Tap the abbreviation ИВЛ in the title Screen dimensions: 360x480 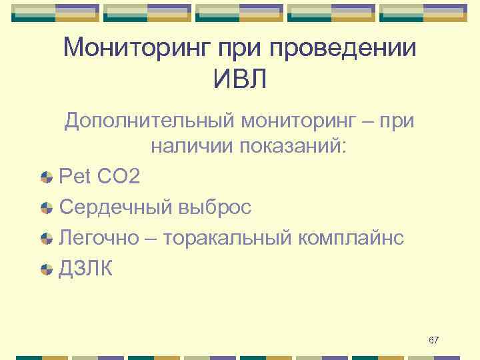pos(240,80)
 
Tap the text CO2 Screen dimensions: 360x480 pos(119,177)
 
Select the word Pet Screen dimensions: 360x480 pos(75,177)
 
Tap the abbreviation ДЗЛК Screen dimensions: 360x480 pos(86,269)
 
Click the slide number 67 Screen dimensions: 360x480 pos(433,341)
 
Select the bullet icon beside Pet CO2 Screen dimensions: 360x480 pos(46,177)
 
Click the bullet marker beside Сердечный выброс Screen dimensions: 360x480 pos(46,208)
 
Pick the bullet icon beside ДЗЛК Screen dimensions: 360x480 pos(46,269)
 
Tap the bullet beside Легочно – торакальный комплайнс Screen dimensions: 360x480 pos(46,239)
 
